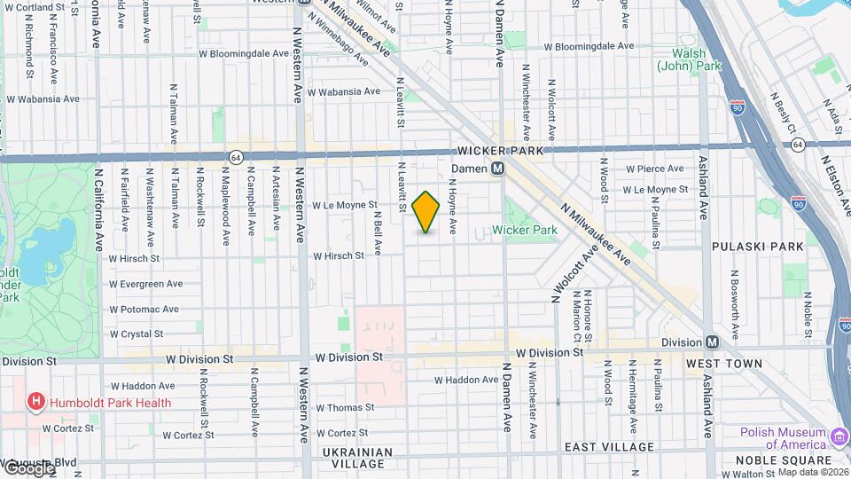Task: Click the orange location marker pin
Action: [425, 212]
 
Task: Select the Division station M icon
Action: [712, 343]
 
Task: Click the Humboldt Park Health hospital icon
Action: [36, 403]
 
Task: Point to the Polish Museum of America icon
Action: [839, 436]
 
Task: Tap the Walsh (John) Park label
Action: [689, 59]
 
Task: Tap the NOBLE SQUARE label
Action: [784, 460]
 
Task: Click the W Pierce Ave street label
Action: [654, 169]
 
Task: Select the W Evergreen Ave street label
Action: [145, 284]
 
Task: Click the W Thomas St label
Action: [345, 408]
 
